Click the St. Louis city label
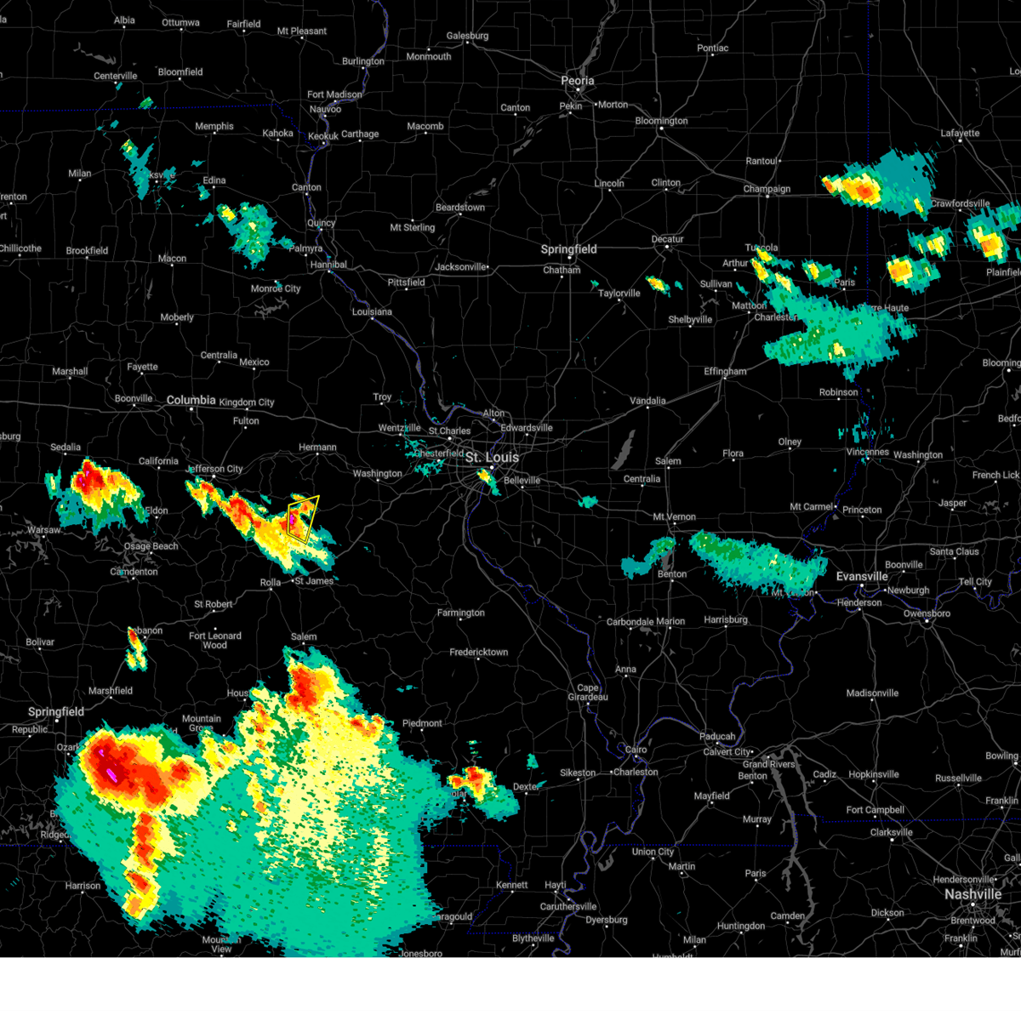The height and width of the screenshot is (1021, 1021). point(492,458)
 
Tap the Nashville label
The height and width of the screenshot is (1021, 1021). point(973,894)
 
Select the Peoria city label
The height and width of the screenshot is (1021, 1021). point(577,81)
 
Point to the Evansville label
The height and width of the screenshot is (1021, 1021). point(862,576)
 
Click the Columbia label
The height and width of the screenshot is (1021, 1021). point(191,400)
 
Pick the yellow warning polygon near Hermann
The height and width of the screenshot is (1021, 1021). point(302,518)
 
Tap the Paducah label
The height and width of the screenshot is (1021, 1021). point(717,737)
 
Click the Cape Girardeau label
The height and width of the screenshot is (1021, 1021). point(588,693)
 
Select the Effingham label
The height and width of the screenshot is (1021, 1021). point(725,372)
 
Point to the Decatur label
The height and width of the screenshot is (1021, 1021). point(668,239)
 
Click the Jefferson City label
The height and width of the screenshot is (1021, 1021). point(215,469)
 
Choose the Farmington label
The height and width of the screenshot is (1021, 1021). point(460,613)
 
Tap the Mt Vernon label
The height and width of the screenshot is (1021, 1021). point(674,516)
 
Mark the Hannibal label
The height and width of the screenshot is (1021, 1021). point(328,265)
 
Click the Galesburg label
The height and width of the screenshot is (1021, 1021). point(467,36)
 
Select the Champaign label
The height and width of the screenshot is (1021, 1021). point(767,189)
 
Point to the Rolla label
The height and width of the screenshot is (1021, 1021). point(270,583)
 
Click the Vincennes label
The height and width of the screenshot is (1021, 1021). point(868,452)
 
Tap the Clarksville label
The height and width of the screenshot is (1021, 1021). point(891,832)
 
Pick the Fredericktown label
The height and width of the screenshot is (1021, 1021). point(478,653)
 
